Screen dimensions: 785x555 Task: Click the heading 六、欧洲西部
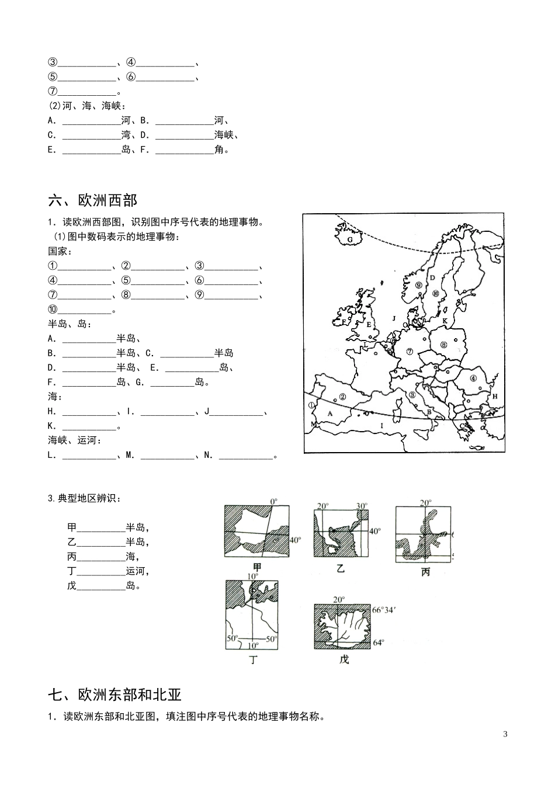[92, 200]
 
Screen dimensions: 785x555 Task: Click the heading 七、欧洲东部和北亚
[115, 694]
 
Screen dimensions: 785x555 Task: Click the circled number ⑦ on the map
[410, 352]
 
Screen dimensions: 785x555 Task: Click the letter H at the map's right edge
[495, 397]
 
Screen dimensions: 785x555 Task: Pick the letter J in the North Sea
[394, 318]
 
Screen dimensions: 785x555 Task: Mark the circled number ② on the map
[342, 397]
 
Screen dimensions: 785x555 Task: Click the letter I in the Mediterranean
[382, 426]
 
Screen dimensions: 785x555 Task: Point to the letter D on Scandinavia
[432, 278]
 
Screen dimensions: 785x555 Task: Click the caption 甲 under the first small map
[256, 567]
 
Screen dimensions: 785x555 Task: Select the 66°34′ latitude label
[386, 610]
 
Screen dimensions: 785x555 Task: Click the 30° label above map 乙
[362, 506]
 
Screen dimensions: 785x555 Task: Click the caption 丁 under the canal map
[253, 660]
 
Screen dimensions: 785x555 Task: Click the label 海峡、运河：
[74, 440]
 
